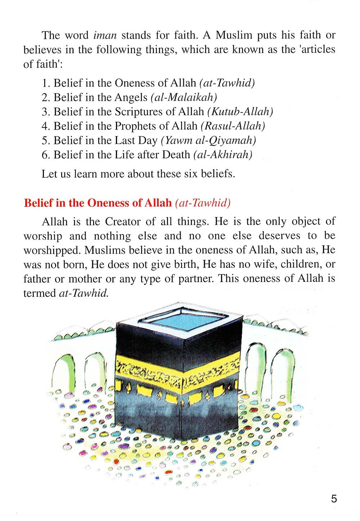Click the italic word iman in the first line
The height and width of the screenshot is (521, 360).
click(x=105, y=35)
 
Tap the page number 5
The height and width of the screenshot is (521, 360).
click(x=334, y=499)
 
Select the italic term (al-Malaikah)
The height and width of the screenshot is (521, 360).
click(x=184, y=97)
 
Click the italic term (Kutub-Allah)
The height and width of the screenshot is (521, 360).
click(x=240, y=112)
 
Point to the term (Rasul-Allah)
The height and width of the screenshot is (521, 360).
click(x=233, y=126)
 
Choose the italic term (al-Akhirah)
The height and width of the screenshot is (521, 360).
click(x=223, y=155)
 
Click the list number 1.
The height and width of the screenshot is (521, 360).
click(x=45, y=83)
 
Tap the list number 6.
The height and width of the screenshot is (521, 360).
click(x=45, y=155)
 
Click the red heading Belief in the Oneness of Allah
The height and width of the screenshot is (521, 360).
click(x=98, y=203)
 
